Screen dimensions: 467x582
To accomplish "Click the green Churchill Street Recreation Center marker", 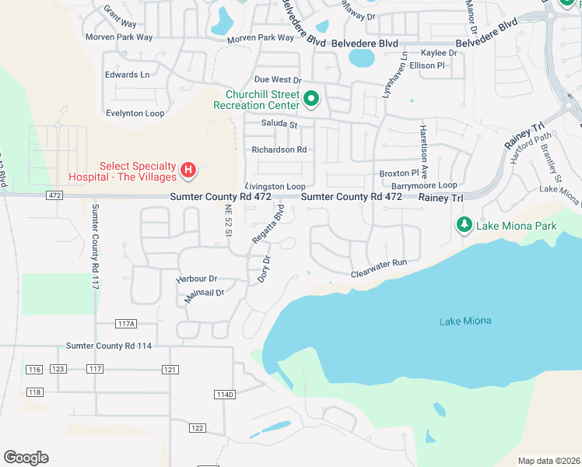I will (x=311, y=99).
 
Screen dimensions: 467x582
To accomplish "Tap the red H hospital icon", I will (x=188, y=169).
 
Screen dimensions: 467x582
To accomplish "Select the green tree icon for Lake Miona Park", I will (x=465, y=225).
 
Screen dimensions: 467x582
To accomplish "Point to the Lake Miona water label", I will (x=465, y=321).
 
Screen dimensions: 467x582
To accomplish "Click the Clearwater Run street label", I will (x=379, y=264).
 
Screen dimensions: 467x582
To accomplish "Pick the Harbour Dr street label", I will (x=197, y=278).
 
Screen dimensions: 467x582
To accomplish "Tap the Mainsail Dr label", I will (x=204, y=294).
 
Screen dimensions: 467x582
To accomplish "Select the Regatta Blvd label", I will (x=267, y=226).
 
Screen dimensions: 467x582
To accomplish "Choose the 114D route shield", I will (x=224, y=395).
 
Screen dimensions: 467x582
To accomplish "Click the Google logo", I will (x=26, y=458).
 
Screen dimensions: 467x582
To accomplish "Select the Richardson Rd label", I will (x=279, y=149).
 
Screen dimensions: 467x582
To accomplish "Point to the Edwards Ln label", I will (x=127, y=75).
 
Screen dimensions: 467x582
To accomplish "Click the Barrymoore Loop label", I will (x=424, y=185).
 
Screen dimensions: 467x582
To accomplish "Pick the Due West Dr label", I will (x=277, y=80).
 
